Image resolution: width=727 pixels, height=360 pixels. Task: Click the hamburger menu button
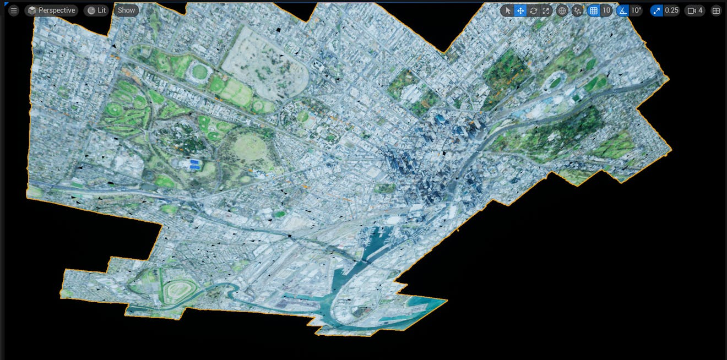[x=14, y=10]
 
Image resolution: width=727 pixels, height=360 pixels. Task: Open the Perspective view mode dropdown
[x=51, y=10]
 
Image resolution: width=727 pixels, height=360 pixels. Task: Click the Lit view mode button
[x=96, y=10]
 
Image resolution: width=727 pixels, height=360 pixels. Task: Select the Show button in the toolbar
[x=126, y=10]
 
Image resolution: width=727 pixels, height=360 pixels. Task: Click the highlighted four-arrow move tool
[x=520, y=10]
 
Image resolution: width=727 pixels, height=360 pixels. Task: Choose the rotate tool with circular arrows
[x=533, y=10]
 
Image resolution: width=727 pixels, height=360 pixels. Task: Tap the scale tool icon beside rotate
[x=546, y=10]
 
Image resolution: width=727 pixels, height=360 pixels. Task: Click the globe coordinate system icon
[x=562, y=10]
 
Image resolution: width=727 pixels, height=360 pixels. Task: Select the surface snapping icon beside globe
[x=577, y=10]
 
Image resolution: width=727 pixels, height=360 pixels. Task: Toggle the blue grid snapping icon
[x=594, y=10]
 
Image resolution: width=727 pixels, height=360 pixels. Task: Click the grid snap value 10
[x=606, y=10]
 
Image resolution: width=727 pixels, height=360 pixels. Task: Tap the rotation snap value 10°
[x=636, y=10]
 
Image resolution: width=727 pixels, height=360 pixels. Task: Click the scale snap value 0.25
[x=671, y=10]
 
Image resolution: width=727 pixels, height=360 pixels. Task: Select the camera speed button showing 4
[x=695, y=10]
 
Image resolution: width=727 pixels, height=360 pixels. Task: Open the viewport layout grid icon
[x=716, y=10]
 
